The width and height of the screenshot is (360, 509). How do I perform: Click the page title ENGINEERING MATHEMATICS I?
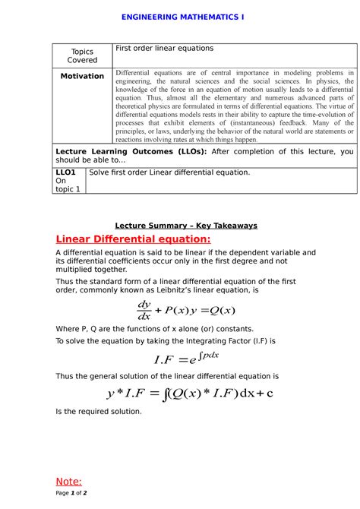[180, 16]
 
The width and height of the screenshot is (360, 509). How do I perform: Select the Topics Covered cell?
[82, 55]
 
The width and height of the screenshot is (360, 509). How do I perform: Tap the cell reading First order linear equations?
[163, 49]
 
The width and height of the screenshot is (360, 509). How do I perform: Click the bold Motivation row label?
[82, 76]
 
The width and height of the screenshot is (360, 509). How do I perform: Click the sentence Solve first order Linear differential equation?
[169, 172]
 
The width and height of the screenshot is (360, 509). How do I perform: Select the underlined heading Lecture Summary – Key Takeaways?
[186, 226]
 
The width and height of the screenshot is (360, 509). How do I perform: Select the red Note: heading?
[69, 481]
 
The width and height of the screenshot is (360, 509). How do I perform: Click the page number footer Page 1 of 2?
[71, 493]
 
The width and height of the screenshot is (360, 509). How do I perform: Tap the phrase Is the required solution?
[99, 411]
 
